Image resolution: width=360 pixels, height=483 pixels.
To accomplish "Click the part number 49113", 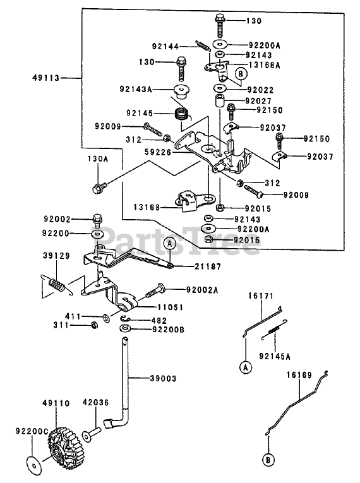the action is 46,78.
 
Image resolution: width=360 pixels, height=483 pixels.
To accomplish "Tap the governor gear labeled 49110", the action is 62,445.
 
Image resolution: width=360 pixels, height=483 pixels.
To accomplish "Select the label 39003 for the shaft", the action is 163,378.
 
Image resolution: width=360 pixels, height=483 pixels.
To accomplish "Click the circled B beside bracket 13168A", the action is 241,74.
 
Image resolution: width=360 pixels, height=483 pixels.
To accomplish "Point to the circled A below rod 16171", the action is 246,367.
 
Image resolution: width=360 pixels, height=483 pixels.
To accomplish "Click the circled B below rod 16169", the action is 268,460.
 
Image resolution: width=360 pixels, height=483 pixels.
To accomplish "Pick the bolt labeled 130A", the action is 99,188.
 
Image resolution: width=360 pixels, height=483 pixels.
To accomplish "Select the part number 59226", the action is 158,152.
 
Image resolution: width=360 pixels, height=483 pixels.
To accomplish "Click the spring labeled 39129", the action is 57,283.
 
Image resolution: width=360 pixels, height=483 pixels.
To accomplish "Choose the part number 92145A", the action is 275,356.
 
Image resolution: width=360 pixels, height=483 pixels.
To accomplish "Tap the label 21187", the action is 208,266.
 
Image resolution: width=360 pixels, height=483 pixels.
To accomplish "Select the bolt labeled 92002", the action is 97,220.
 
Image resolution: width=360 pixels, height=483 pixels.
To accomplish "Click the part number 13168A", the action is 265,65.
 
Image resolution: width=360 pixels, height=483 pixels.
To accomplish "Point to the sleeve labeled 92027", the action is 219,102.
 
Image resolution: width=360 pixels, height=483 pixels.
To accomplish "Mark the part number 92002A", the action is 202,290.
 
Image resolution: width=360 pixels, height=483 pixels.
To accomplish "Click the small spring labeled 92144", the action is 203,46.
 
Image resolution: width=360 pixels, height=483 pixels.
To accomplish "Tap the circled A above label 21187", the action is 169,243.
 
